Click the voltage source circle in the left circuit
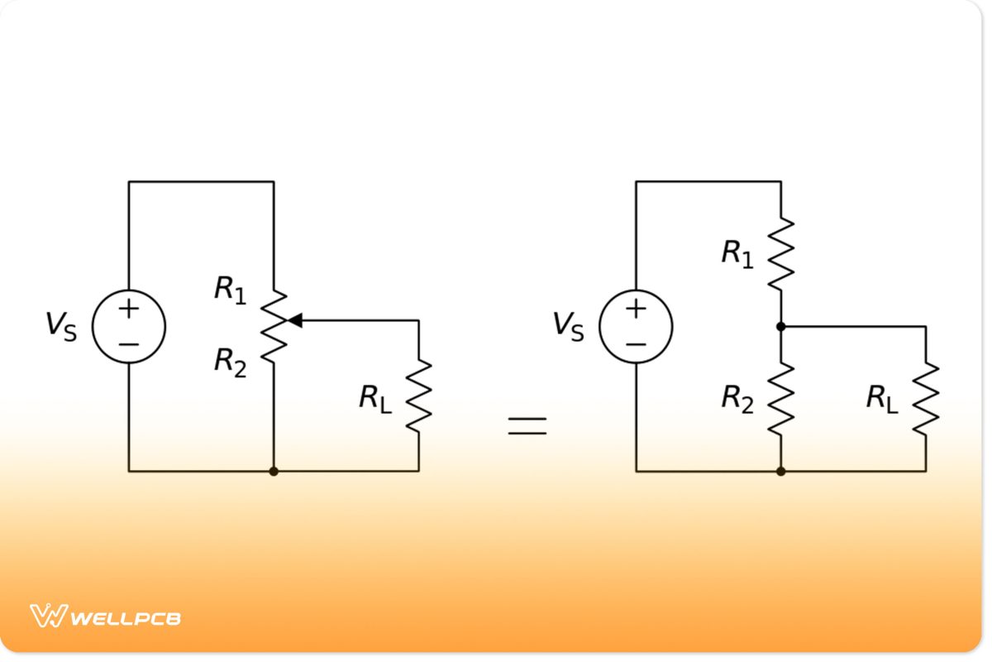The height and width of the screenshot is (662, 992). [x=129, y=326]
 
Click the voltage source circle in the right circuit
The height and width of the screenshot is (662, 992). [x=636, y=326]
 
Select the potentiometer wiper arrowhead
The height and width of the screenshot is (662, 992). [x=294, y=320]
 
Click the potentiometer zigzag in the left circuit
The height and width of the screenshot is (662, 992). [x=274, y=327]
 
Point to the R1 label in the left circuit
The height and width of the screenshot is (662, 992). [x=231, y=290]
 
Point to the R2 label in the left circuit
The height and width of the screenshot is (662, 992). [x=231, y=362]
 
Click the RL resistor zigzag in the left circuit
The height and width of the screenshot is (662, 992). [x=418, y=396]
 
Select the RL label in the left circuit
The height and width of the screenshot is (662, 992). [x=375, y=399]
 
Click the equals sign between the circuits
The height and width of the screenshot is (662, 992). [x=527, y=425]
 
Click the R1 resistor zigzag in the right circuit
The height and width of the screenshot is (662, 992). [x=780, y=254]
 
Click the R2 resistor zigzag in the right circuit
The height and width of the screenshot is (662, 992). [x=780, y=398]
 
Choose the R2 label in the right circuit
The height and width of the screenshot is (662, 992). [x=737, y=399]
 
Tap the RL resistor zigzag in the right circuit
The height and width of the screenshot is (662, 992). [x=925, y=398]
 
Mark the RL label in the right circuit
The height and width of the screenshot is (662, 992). [x=882, y=399]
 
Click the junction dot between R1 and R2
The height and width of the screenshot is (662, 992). [x=780, y=327]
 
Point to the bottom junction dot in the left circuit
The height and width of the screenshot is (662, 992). [x=274, y=471]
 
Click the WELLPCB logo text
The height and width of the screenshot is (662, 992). [x=126, y=617]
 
